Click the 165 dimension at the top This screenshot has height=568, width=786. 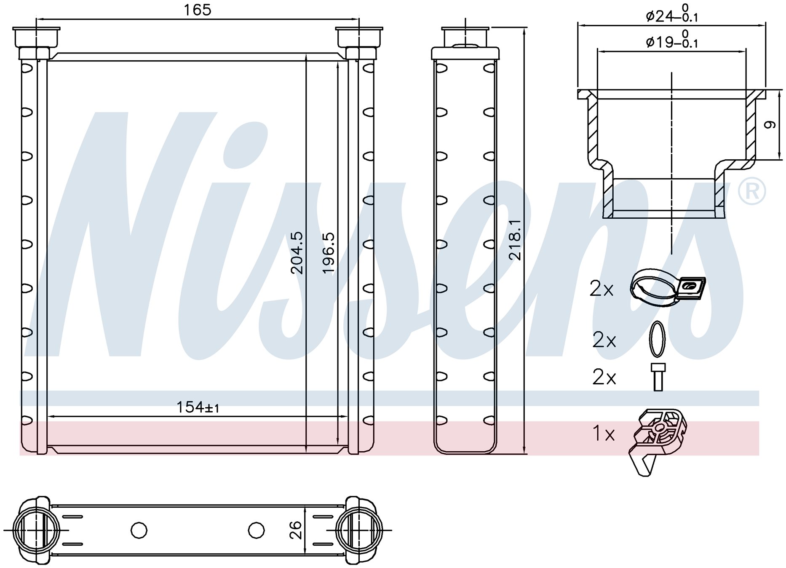[x=197, y=10]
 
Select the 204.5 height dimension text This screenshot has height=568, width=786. [x=297, y=252]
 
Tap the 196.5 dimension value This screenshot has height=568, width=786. [x=329, y=252]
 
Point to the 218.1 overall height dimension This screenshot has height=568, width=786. [x=515, y=239]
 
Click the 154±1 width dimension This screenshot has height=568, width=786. [x=198, y=407]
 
